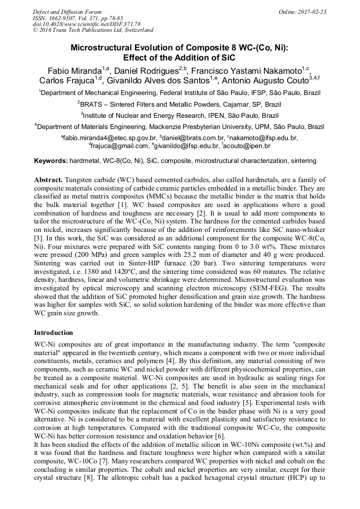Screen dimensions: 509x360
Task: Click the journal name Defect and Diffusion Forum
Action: (67, 11)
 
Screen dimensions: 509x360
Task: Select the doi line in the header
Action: (87, 24)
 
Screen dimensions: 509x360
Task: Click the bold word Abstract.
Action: (48, 180)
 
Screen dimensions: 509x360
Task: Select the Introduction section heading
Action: (53, 333)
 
